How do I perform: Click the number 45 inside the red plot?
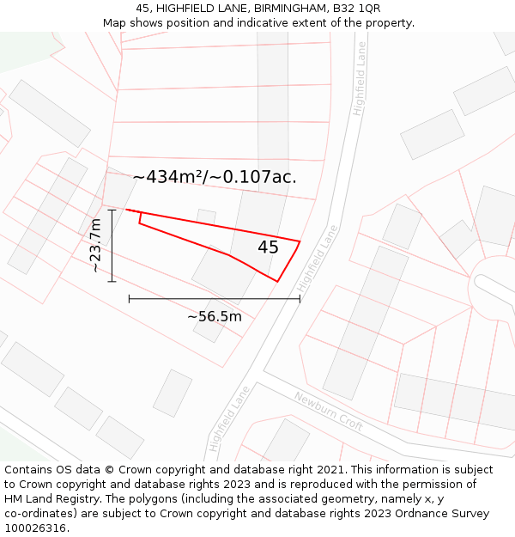(x=268, y=247)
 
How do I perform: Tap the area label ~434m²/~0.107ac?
(x=215, y=177)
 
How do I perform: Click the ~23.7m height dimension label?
(x=95, y=245)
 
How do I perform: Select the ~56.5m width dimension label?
(x=215, y=316)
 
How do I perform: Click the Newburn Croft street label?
(x=328, y=412)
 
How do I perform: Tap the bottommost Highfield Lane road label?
(x=228, y=418)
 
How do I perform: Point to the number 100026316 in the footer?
(x=35, y=528)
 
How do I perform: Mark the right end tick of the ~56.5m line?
(x=300, y=298)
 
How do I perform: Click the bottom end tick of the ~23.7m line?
(x=112, y=281)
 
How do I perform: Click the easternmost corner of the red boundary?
(x=300, y=241)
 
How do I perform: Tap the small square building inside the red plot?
(x=206, y=217)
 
